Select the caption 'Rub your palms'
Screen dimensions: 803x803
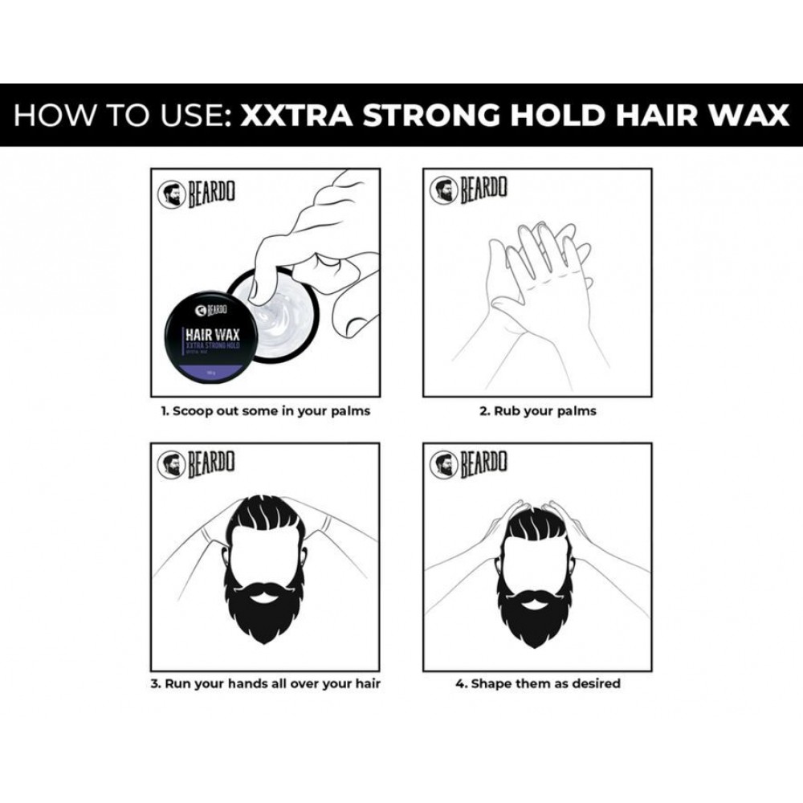538,411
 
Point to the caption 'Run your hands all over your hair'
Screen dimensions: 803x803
265,684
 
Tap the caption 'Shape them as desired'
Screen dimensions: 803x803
538,684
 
